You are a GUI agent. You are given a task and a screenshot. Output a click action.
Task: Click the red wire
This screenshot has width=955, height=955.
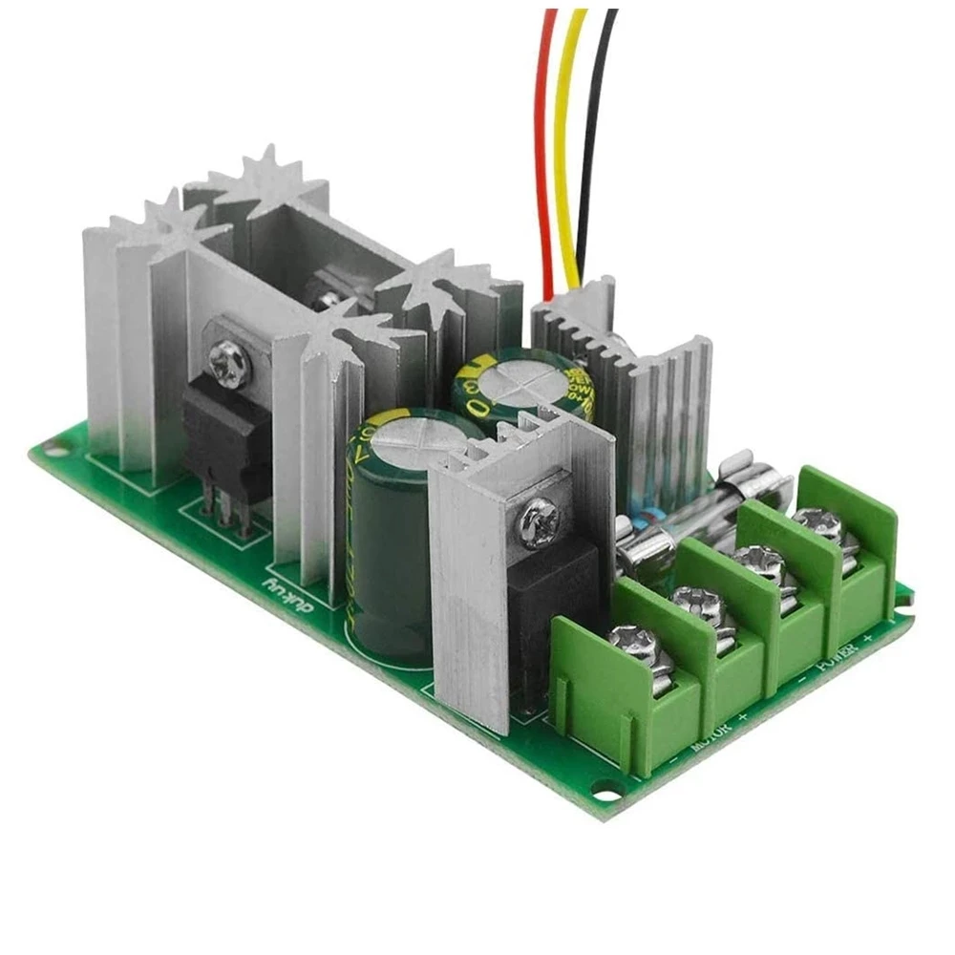[x=545, y=143]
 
